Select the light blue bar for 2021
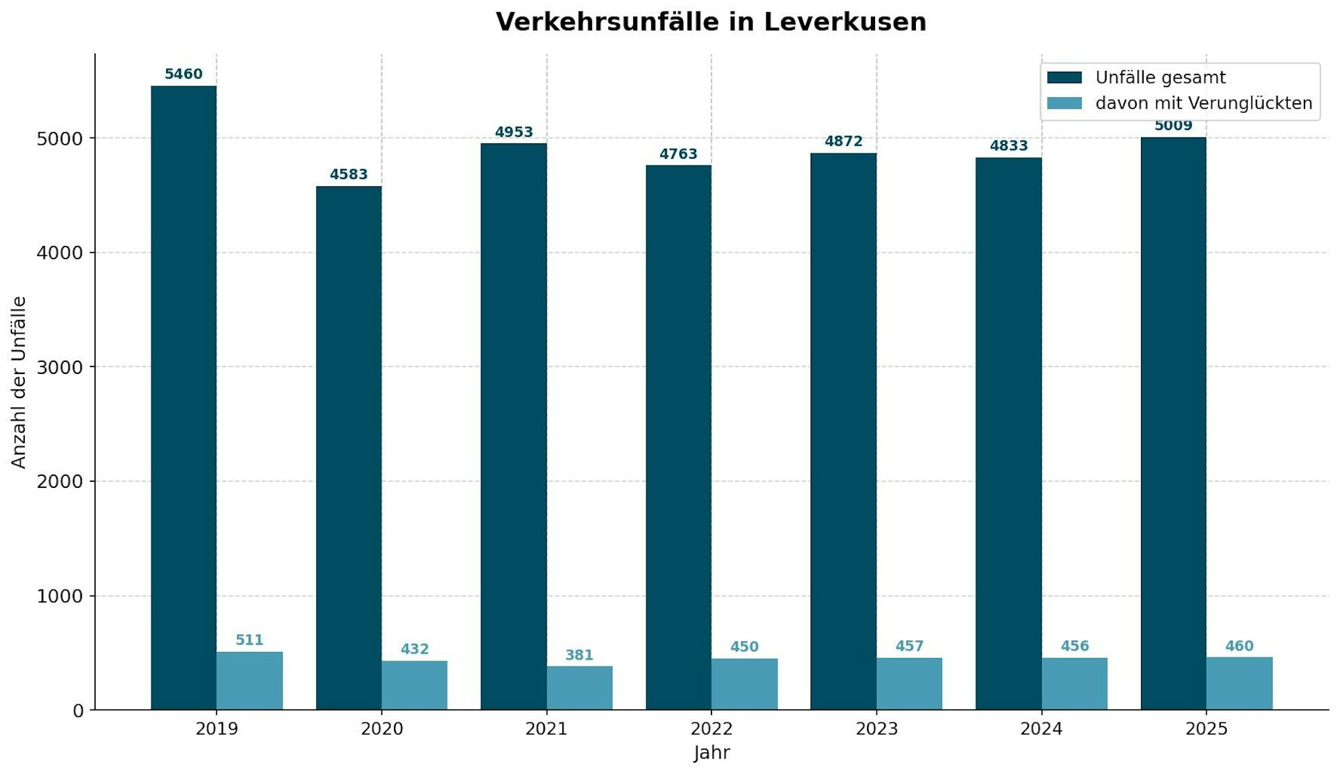pos(580,688)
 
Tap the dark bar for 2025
pos(1173,424)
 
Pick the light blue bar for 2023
pos(909,684)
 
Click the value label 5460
pos(184,74)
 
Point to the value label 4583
pos(348,175)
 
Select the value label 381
pos(579,655)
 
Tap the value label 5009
pos(1173,126)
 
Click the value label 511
pos(249,641)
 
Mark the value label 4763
pos(678,155)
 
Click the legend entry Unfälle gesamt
pos(1160,78)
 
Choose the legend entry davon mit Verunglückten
pos(1203,103)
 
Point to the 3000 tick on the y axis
pos(60,367)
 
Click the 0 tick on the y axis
pos(78,711)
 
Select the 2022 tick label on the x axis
pos(712,729)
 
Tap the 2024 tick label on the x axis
pos(1041,729)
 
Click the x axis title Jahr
pos(712,753)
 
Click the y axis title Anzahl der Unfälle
pos(19,382)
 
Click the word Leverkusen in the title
pos(845,22)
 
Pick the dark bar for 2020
pos(348,448)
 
